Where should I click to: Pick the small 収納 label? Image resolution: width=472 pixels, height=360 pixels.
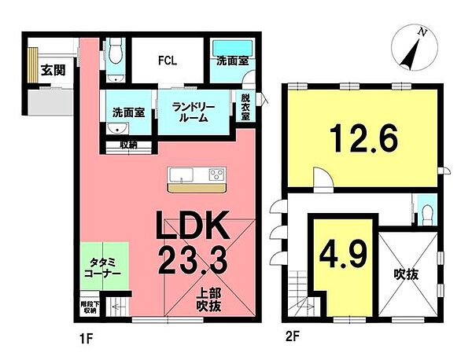coord(127,145)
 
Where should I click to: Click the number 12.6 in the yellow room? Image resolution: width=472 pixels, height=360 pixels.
coord(364,140)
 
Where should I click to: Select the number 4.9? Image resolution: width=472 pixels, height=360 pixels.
coord(339,254)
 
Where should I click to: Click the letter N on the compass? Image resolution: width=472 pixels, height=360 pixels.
coord(422,32)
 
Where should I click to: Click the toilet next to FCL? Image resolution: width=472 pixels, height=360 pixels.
coord(116,57)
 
